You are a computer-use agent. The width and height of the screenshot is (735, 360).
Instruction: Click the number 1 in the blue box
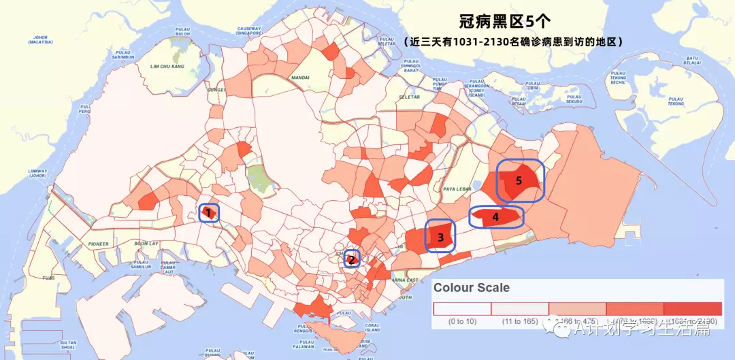pyautogui.click(x=208, y=213)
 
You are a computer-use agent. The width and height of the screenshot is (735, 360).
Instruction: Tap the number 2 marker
pyautogui.click(x=351, y=259)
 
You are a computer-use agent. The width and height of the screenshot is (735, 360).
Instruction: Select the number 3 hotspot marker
pyautogui.click(x=441, y=238)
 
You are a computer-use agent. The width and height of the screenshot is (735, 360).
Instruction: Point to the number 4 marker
pyautogui.click(x=495, y=217)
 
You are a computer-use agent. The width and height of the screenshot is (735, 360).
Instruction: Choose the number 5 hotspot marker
pyautogui.click(x=519, y=181)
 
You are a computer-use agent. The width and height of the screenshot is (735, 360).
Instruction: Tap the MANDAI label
pyautogui.click(x=299, y=78)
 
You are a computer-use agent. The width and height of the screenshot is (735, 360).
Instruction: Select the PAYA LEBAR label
pyautogui.click(x=457, y=189)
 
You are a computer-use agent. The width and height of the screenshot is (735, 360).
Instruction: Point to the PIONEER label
pyautogui.click(x=98, y=243)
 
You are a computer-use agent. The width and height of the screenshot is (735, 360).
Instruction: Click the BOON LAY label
pyautogui.click(x=146, y=243)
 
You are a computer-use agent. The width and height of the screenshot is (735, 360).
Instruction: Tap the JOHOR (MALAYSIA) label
pyautogui.click(x=40, y=39)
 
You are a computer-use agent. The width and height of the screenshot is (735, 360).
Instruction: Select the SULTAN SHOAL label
pyautogui.click(x=68, y=344)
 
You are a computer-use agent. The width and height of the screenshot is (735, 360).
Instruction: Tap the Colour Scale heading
pyautogui.click(x=472, y=287)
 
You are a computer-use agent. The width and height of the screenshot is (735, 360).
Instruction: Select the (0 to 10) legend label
pyautogui.click(x=462, y=321)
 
